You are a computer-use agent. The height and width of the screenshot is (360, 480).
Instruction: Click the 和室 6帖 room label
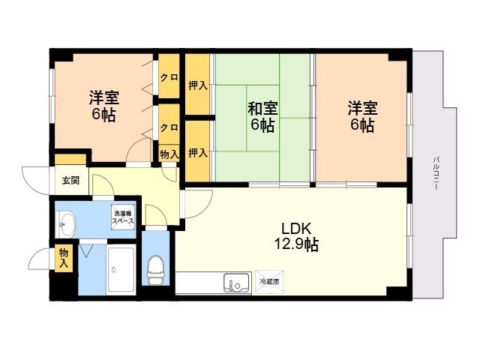tap(262, 117)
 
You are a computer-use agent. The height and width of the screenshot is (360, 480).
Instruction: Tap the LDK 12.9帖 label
tap(296, 237)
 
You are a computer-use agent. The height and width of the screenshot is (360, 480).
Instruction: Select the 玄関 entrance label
tap(71, 180)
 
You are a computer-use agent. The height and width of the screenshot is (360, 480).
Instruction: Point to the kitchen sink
tap(236, 283)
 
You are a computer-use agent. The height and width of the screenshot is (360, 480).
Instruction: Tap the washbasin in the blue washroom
tap(67, 223)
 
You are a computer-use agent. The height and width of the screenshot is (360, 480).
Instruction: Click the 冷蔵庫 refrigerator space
tap(269, 282)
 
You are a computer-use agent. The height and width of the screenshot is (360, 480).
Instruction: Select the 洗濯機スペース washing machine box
tap(123, 217)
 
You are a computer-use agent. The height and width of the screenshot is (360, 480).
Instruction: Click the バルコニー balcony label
tap(436, 173)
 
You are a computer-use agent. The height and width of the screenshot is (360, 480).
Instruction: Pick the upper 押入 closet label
tap(198, 86)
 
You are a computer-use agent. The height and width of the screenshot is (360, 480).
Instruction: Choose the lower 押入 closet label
tap(198, 153)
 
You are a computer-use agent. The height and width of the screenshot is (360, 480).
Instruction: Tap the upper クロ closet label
tap(169, 78)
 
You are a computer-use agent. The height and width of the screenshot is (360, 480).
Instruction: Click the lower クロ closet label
tap(169, 127)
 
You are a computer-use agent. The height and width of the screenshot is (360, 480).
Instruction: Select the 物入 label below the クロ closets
tap(169, 154)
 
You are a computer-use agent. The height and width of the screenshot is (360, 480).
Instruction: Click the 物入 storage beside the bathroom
tap(64, 258)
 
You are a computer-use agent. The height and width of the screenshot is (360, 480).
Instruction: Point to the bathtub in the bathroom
tap(121, 270)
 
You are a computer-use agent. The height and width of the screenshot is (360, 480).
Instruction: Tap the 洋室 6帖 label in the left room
tap(104, 106)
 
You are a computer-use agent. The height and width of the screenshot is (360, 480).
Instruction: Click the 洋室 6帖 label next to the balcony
tap(362, 117)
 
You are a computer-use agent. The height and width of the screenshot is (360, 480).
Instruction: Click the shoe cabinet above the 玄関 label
tap(70, 160)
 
